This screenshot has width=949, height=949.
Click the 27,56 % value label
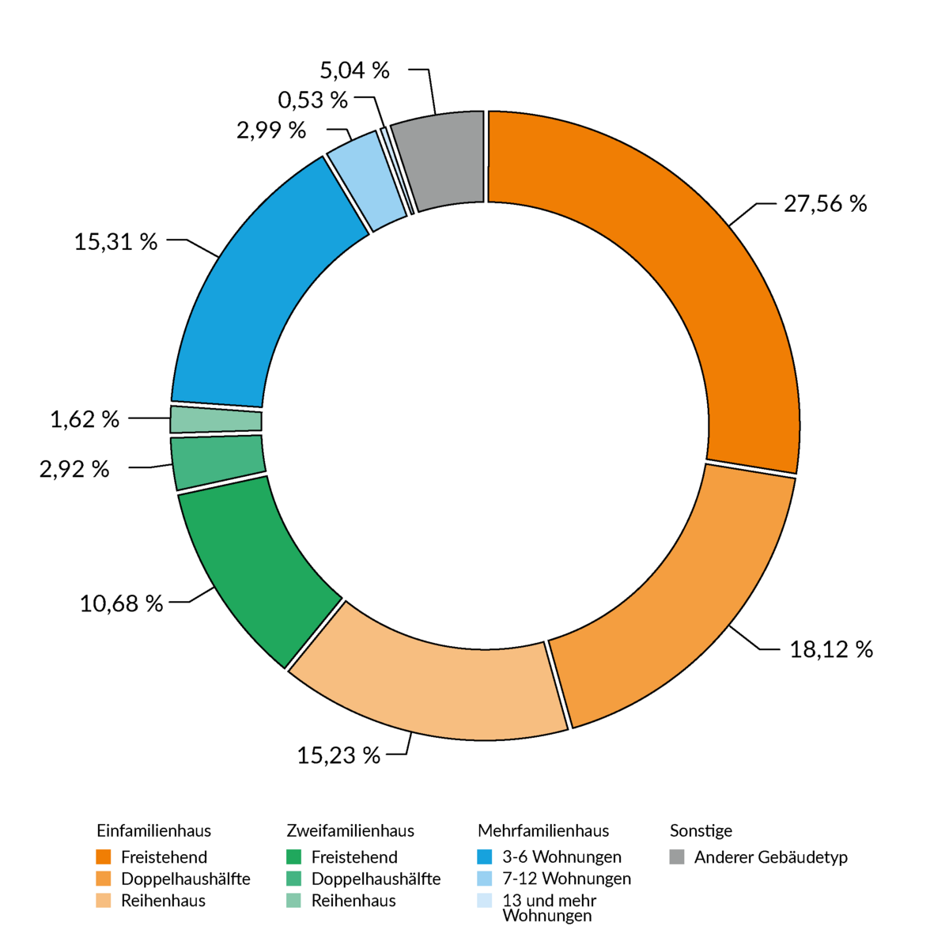click(825, 204)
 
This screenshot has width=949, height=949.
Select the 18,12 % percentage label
click(831, 650)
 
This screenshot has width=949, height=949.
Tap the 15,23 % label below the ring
click(338, 755)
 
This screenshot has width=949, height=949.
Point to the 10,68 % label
click(121, 604)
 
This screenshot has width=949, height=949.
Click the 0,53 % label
click(312, 100)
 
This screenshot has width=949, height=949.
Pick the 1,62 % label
click(85, 419)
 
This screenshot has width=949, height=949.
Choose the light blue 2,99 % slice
click(365, 182)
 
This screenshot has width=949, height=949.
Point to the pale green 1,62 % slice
click(215, 419)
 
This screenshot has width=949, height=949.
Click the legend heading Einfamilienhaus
click(153, 831)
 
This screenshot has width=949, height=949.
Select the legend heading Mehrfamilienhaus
click(543, 831)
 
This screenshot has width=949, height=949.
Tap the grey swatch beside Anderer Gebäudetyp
click(677, 857)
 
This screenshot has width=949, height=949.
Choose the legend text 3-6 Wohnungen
click(561, 857)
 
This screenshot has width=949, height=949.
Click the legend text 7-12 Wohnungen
click(566, 879)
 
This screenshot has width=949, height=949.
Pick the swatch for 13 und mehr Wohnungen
click(485, 901)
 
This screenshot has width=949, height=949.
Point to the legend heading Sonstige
click(701, 831)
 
